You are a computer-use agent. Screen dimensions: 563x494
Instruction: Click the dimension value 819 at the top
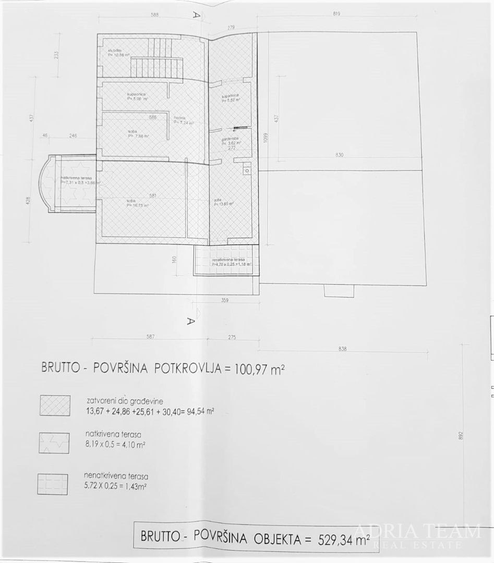click(336, 14)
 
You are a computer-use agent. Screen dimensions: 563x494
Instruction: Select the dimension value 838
click(342, 349)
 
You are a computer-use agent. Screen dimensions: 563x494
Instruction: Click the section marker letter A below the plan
click(191, 321)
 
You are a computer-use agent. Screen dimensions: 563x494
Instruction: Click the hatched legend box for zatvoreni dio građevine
click(55, 405)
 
